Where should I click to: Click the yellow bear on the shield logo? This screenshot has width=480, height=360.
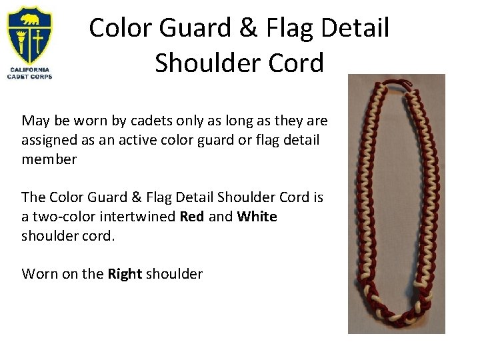(x=29, y=19)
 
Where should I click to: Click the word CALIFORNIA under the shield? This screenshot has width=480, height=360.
(x=29, y=69)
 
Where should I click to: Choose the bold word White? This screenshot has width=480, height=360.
(x=257, y=217)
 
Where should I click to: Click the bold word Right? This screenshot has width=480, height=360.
(x=124, y=273)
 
